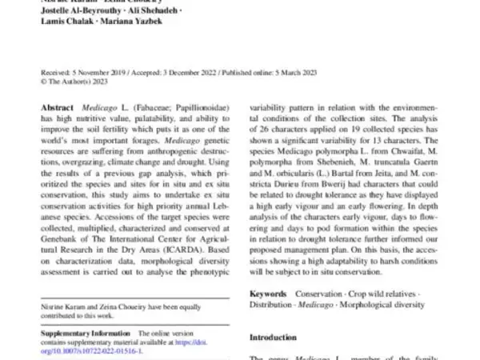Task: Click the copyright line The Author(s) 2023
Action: (75, 80)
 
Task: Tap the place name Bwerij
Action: (347, 202)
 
